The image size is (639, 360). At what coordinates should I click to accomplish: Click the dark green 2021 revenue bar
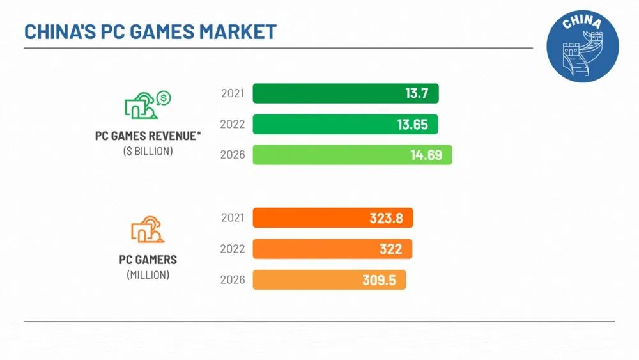coord(345,93)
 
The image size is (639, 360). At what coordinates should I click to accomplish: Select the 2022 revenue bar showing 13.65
coord(345,124)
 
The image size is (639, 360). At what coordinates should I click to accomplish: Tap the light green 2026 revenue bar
coord(352,155)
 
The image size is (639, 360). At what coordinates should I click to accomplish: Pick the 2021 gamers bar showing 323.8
coord(332,218)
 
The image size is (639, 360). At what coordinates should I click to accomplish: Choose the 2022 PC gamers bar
coord(332,249)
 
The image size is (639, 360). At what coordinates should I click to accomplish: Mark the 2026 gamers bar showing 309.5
coord(329,279)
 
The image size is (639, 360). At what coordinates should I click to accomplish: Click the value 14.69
coord(426,155)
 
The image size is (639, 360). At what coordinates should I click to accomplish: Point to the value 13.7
coord(416,93)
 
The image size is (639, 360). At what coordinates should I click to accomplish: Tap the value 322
coord(391,249)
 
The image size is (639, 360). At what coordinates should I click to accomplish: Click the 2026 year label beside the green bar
coord(233,155)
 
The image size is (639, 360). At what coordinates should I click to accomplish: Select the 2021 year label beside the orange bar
coord(233,218)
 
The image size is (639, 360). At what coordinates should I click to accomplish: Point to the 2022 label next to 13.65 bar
coord(233,124)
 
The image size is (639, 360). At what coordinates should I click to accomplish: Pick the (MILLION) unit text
coord(148,275)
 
